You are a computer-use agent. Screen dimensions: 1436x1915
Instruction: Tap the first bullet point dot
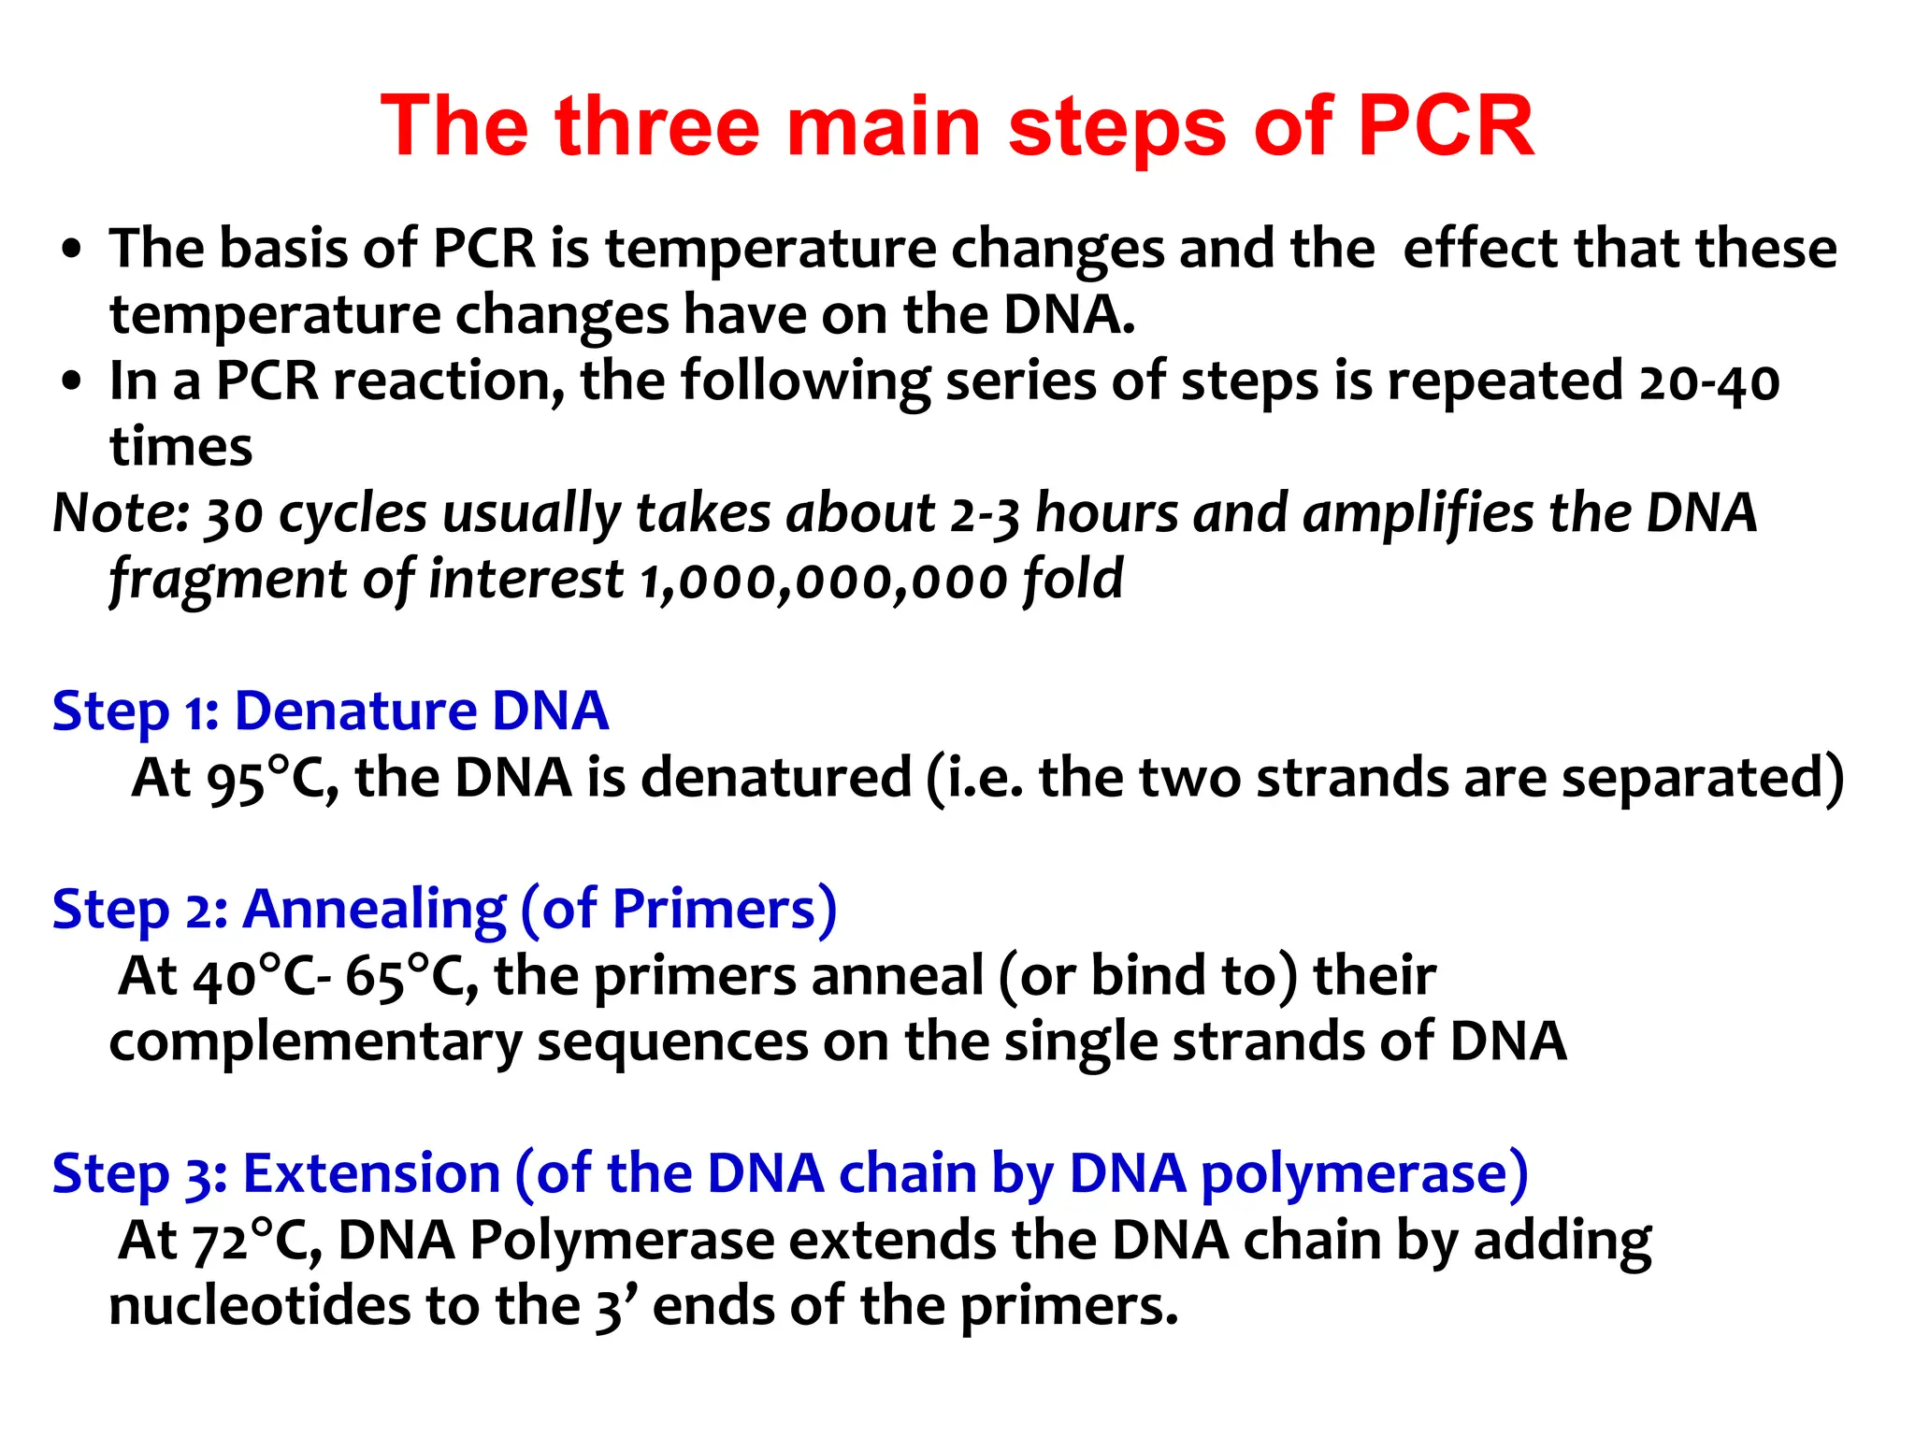pyautogui.click(x=71, y=251)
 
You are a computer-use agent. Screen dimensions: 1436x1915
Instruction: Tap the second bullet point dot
pyautogui.click(x=71, y=383)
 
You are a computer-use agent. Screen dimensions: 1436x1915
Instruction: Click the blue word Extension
pyautogui.click(x=371, y=1174)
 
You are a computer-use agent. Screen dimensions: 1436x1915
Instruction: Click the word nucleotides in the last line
pyautogui.click(x=259, y=1307)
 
